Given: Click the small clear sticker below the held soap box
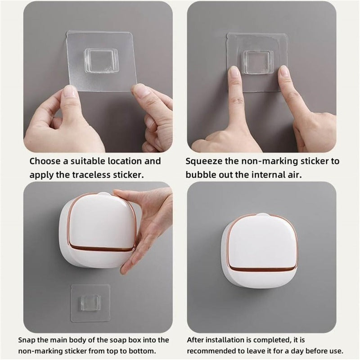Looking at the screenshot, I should pyautogui.click(x=90, y=303).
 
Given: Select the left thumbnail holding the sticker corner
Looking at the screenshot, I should pyautogui.click(x=70, y=92).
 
